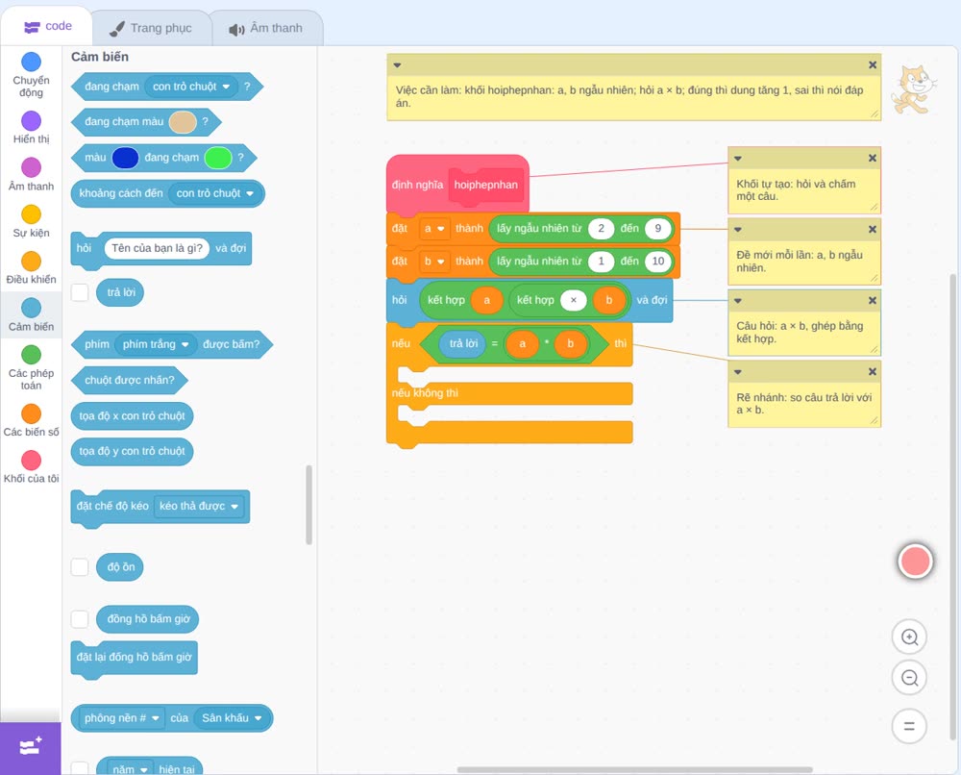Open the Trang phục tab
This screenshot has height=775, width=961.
151,28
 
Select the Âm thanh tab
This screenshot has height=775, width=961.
266,28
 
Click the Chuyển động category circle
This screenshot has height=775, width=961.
32,62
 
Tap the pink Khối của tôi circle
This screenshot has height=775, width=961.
32,461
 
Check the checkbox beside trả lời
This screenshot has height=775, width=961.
80,292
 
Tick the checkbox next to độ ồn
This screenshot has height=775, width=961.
80,567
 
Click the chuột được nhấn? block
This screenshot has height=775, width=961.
130,380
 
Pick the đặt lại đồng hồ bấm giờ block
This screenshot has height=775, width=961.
135,658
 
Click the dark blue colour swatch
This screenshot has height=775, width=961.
126,158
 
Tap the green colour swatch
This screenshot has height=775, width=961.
218,158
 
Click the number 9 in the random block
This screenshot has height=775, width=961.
657,229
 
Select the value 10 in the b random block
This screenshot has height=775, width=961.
657,262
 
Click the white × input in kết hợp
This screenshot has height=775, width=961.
574,300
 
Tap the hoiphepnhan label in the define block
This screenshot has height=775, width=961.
486,185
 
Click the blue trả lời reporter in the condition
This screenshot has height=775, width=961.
463,343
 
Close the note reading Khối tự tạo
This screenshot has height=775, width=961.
873,159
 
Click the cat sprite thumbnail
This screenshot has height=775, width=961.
915,89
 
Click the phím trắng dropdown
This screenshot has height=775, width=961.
156,344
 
